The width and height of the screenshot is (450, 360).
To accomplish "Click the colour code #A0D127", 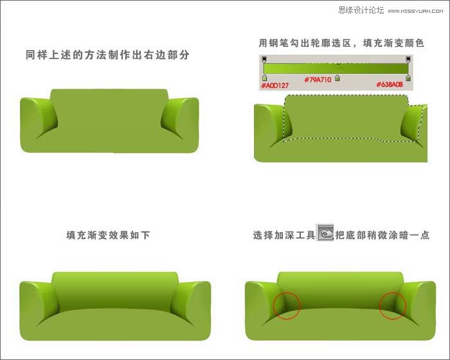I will (274, 84).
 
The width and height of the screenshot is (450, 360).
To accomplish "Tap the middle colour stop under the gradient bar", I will (337, 78).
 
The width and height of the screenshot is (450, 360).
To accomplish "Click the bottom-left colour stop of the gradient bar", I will (264, 78).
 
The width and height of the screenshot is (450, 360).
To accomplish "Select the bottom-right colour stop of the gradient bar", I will (408, 78).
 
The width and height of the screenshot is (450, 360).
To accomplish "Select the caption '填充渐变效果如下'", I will (108, 235).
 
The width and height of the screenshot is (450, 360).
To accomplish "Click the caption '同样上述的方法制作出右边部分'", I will (108, 55).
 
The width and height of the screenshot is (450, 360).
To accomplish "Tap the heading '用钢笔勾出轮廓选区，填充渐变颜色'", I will (342, 43).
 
